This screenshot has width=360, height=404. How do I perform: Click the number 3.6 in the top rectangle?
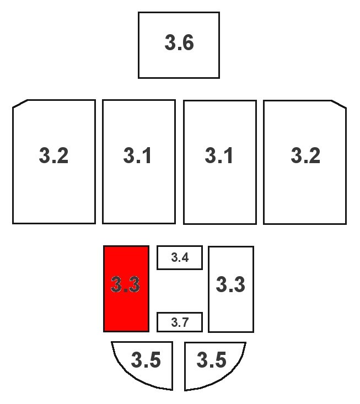pos(179,42)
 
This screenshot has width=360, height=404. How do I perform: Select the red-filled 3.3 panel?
pos(126,289)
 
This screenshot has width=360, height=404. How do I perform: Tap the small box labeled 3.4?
pos(180,257)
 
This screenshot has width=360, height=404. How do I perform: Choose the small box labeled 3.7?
pos(180,322)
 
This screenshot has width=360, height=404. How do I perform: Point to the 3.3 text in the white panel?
pos(230,284)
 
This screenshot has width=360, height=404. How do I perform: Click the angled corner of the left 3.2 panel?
pos(20,103)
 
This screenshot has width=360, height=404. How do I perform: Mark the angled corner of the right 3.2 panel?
pos(339,104)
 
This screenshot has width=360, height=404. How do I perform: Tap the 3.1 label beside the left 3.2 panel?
pos(137,155)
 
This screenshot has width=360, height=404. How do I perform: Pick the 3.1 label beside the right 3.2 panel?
pos(219,155)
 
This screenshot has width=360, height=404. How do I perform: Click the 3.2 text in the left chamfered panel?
pos(53,155)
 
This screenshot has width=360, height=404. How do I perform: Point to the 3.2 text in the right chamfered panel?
pos(305,155)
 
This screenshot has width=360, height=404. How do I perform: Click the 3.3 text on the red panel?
pos(125,284)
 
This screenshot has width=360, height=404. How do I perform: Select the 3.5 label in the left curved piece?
pos(146,360)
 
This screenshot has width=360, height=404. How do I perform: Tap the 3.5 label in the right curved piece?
pos(212,360)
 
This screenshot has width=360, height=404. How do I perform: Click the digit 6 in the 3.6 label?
pos(187,42)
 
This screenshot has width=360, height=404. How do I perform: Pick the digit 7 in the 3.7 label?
pos(185,322)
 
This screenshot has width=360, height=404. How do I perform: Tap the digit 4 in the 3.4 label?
pos(185,257)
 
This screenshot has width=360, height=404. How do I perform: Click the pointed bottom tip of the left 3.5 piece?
pos(172,390)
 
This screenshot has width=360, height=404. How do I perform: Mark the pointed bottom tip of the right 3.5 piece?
pos(185,391)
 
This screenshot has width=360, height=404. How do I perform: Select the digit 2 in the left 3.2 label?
pos(62,155)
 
